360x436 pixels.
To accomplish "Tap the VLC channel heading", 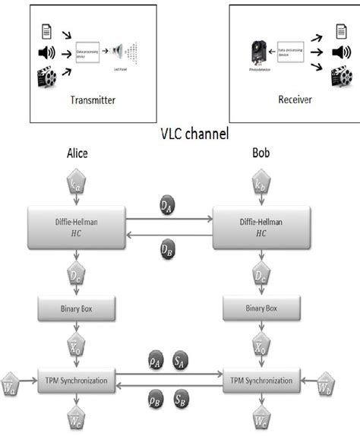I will [181, 132].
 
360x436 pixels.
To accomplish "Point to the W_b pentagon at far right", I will [345, 377].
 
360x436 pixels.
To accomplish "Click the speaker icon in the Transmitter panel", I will [43, 54].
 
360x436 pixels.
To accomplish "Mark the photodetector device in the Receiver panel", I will [257, 52].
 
